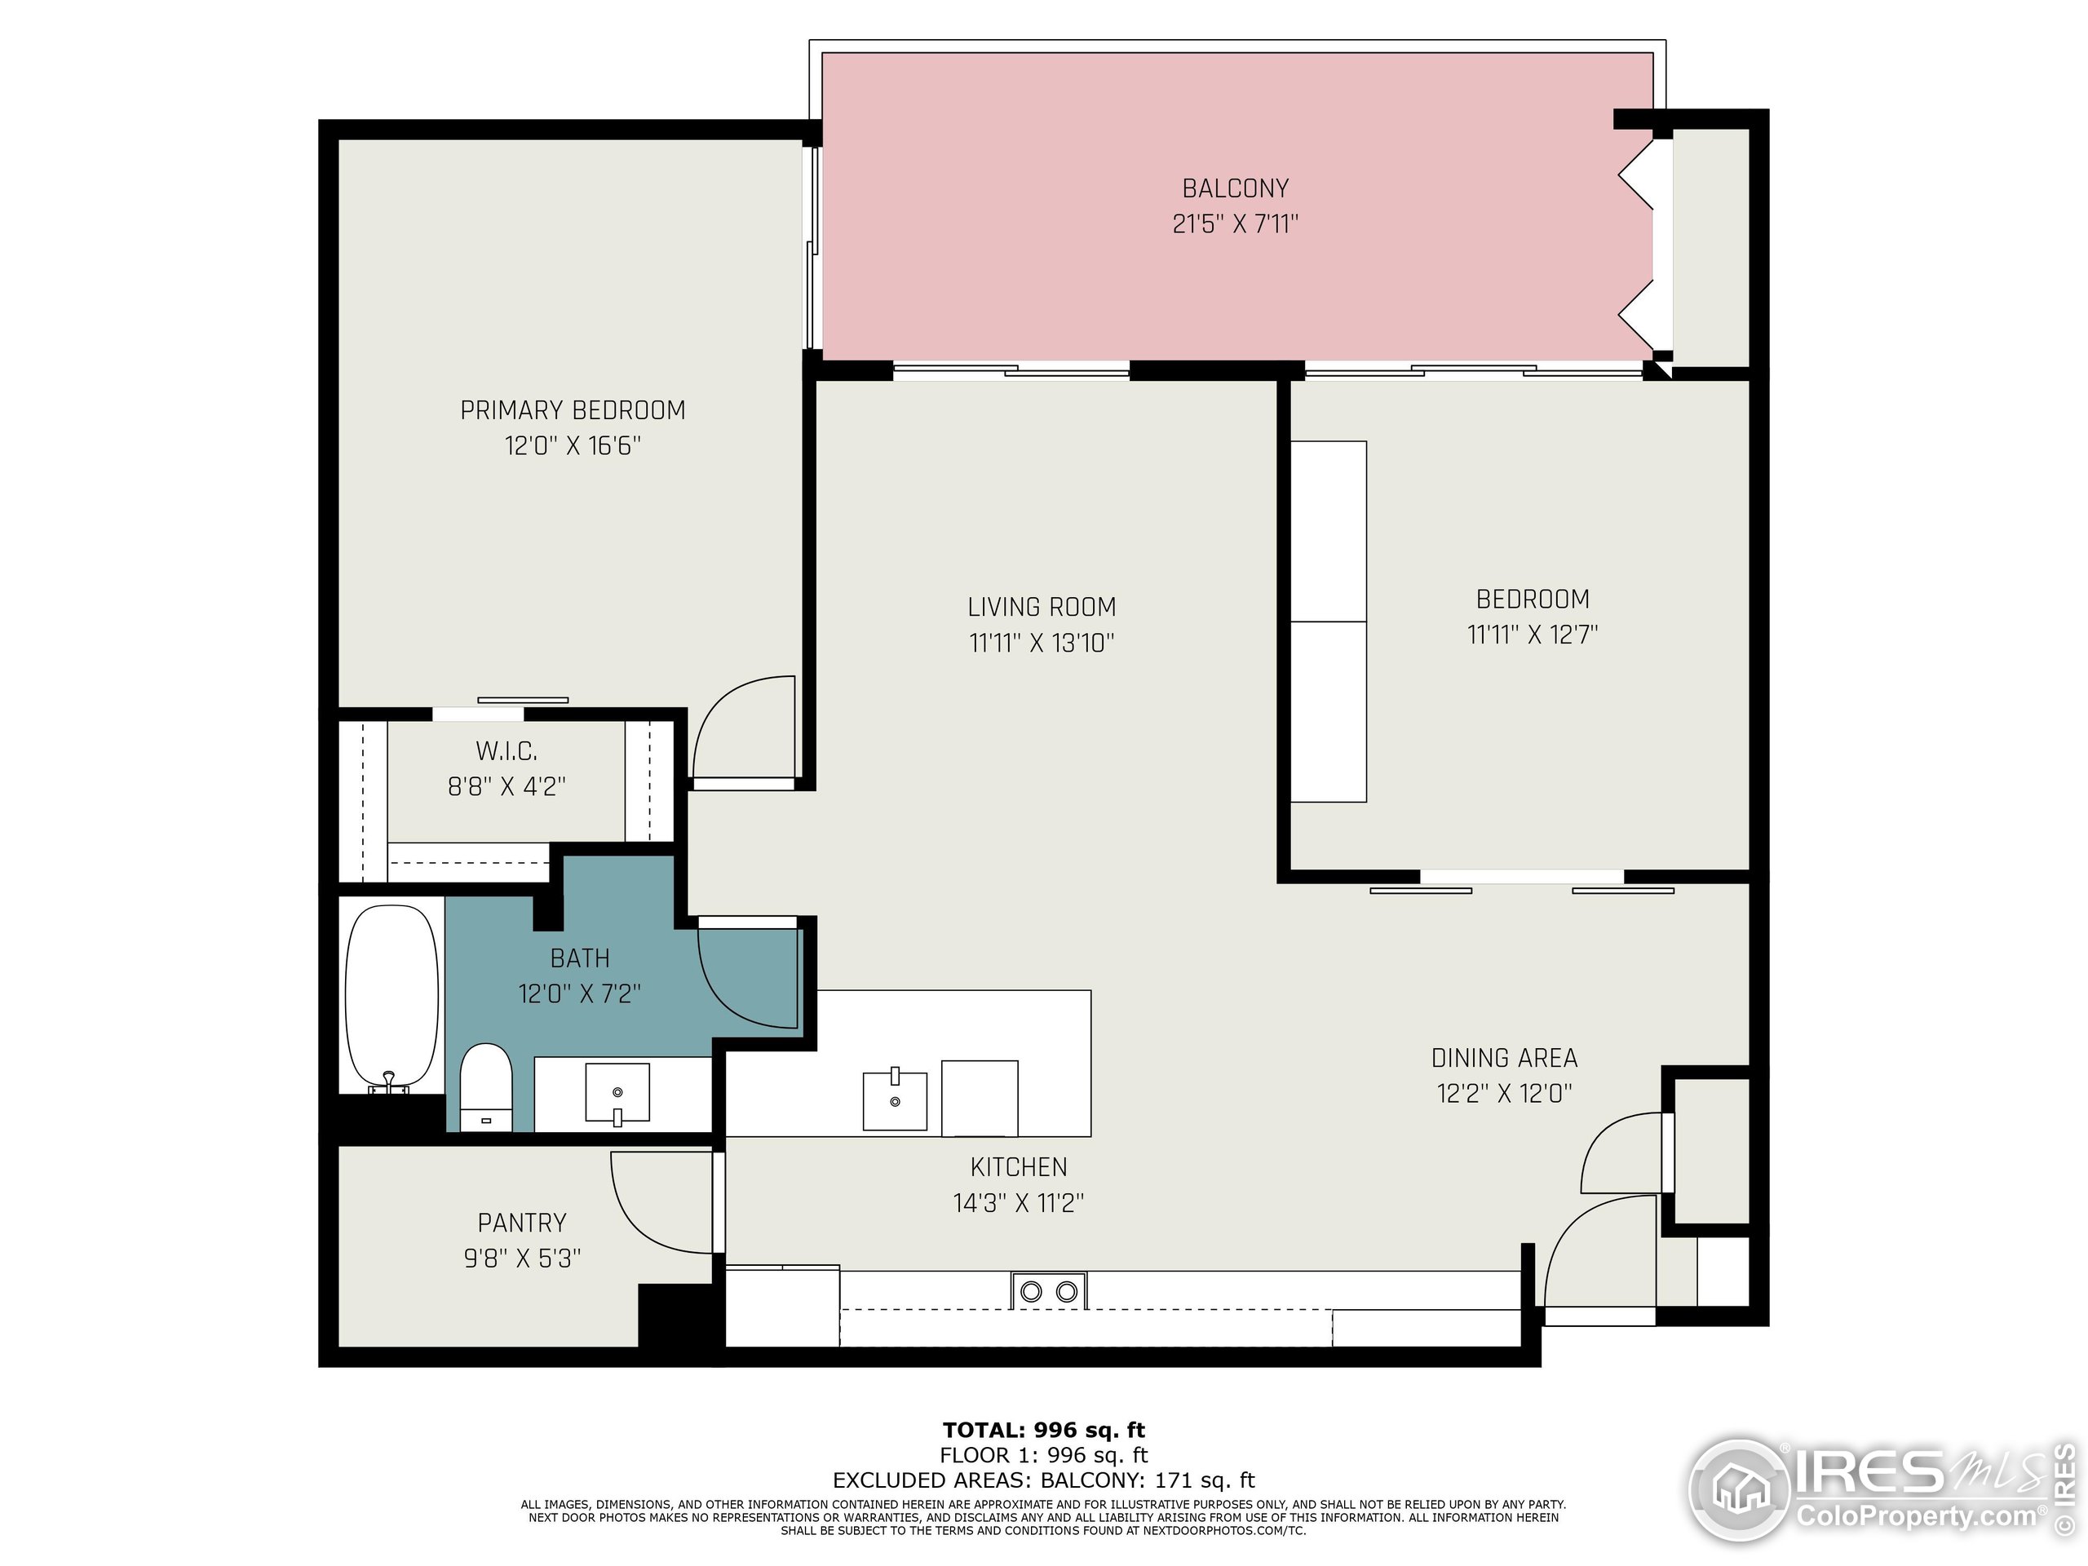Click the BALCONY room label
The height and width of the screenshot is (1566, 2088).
pos(1235,188)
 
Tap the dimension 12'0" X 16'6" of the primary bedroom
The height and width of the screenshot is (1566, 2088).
pos(572,445)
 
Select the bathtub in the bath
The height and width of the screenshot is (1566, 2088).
pos(391,998)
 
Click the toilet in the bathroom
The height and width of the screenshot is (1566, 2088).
pos(486,1086)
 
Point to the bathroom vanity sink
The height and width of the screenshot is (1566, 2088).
pos(617,1092)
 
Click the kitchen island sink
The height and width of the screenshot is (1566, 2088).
pos(895,1099)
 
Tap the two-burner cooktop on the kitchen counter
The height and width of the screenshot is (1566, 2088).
pos(1049,1290)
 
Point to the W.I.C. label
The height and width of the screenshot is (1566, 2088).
pos(507,751)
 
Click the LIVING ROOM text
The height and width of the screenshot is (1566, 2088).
pos(1042,607)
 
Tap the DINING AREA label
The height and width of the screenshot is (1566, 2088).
pos(1504,1058)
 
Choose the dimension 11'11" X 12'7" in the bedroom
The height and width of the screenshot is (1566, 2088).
pos(1532,635)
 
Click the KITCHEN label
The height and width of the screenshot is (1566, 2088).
pos(1019,1168)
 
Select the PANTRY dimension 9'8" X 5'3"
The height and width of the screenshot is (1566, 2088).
pos(522,1259)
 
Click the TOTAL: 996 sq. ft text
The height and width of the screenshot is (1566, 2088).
pos(1043,1429)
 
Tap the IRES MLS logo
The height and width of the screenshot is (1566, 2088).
pos(1873,1492)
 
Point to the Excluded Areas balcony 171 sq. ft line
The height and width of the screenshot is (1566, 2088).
pos(1043,1480)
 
